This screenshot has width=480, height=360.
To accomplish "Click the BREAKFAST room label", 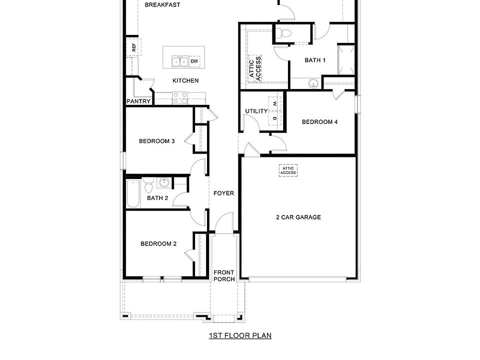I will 162,5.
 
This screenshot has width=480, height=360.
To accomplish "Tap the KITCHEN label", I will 185,80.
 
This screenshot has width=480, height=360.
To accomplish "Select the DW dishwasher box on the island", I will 194,61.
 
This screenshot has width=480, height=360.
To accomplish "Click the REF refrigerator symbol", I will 133,48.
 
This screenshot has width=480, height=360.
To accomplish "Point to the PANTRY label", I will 138,101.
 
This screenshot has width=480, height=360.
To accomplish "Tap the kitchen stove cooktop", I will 179,98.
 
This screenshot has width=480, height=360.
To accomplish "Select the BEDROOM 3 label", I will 156,141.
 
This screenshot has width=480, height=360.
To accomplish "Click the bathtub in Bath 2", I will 133,193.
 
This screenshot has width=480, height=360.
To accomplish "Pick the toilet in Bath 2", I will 148,187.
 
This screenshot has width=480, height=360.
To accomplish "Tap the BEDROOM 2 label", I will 158,244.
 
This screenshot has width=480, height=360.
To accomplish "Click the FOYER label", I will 223,193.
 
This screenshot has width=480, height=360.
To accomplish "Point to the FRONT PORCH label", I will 224,276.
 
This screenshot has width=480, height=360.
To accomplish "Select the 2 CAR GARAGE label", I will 298,217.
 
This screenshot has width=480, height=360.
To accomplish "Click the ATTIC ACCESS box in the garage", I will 288,171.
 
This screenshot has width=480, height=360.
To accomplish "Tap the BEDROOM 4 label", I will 320,121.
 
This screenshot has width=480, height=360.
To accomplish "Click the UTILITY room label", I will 256,111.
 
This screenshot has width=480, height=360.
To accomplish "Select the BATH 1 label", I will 315,60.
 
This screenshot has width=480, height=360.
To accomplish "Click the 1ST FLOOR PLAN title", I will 240,335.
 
